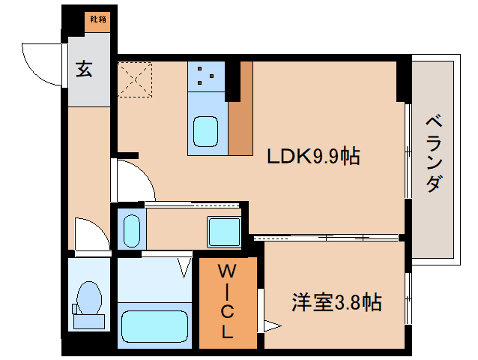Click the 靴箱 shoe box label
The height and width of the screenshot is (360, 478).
pyautogui.click(x=97, y=19)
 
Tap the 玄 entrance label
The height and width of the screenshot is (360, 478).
pyautogui.click(x=84, y=68)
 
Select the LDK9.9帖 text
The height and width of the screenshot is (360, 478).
pyautogui.click(x=313, y=156)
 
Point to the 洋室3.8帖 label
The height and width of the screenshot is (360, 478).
pyautogui.click(x=336, y=302)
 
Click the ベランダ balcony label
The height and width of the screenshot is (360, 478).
pyautogui.click(x=434, y=154)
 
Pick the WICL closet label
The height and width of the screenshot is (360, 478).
pyautogui.click(x=227, y=301)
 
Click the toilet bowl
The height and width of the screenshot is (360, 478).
pyautogui.click(x=89, y=298)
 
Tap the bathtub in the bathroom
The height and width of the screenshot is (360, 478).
pyautogui.click(x=154, y=327)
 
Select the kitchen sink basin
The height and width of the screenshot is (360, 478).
pyautogui.click(x=206, y=131)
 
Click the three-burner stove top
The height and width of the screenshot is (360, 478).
pyautogui.click(x=206, y=76)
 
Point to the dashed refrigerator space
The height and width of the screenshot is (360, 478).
pyautogui.click(x=135, y=79)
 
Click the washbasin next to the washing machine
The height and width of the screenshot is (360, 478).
pyautogui.click(x=132, y=231)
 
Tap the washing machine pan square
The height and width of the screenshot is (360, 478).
pyautogui.click(x=224, y=232)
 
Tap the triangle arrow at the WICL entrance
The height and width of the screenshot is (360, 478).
pyautogui.click(x=273, y=325)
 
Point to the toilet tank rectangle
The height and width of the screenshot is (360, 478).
pyautogui.click(x=89, y=322)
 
